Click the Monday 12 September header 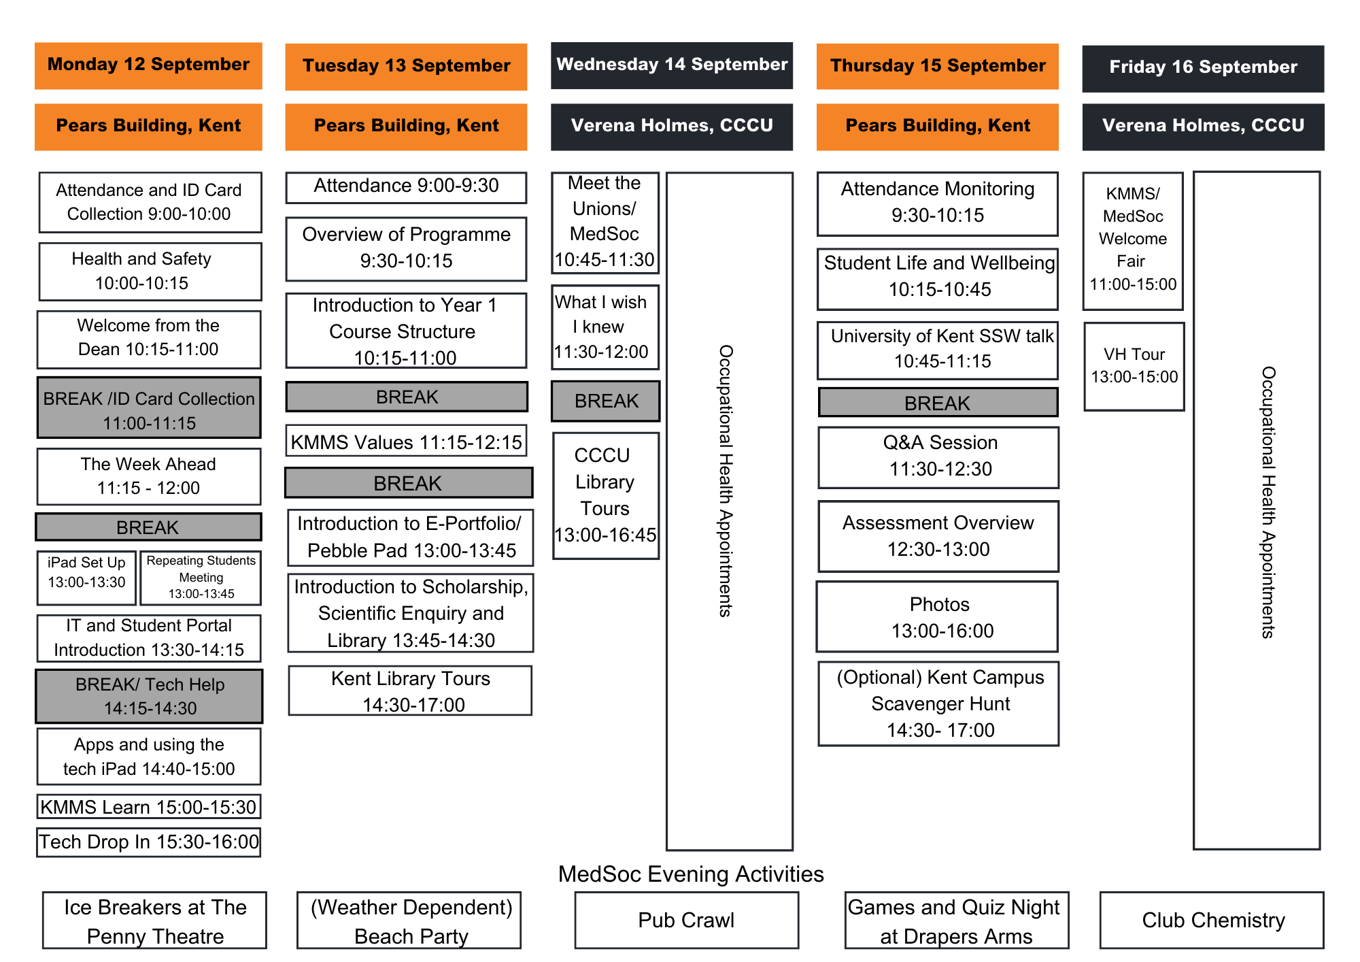click(x=148, y=65)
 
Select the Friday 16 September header click(x=1203, y=68)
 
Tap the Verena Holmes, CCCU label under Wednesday click(x=671, y=127)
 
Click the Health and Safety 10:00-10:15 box click(x=150, y=271)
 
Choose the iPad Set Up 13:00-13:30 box click(x=86, y=578)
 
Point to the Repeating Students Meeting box click(x=201, y=578)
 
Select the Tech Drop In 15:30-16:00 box click(x=148, y=842)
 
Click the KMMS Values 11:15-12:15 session click(x=406, y=442)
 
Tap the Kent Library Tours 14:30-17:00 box click(x=410, y=691)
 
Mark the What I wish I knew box click(x=605, y=327)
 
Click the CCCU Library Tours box click(x=605, y=495)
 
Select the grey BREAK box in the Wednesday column click(x=605, y=401)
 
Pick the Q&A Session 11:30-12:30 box click(x=938, y=457)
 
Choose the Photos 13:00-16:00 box click(x=938, y=616)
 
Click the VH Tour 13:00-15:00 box click(x=1134, y=366)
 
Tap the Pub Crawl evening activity click(x=686, y=920)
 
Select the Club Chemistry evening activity click(x=1212, y=920)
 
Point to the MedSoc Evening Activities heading click(x=690, y=874)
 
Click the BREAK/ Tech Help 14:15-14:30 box click(x=149, y=696)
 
